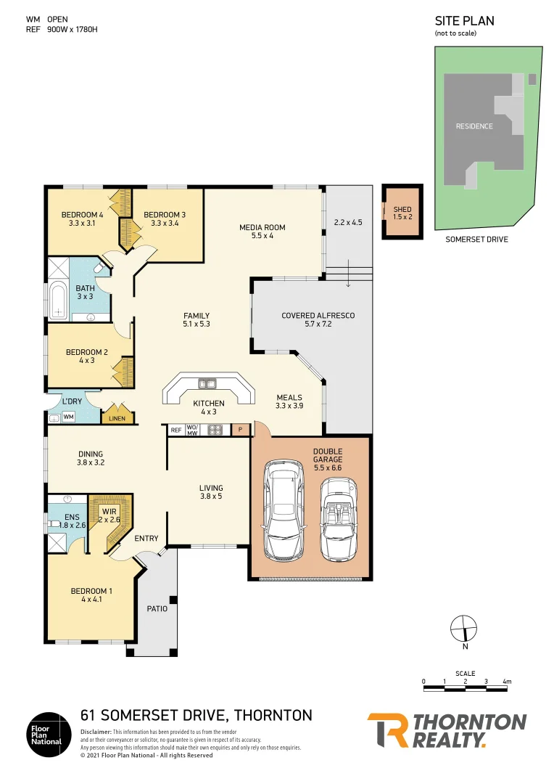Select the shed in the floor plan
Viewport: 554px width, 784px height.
pyautogui.click(x=402, y=213)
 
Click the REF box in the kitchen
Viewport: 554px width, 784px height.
pyautogui.click(x=175, y=430)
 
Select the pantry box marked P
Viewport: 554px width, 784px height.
pyautogui.click(x=241, y=430)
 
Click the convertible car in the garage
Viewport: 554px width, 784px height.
pyautogui.click(x=339, y=518)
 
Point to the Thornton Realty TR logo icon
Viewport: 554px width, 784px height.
pyautogui.click(x=386, y=730)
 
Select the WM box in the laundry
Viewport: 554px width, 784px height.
pyautogui.click(x=68, y=417)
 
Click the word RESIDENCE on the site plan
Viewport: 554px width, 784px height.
pyautogui.click(x=474, y=126)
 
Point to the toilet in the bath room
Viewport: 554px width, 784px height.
pyautogui.click(x=101, y=269)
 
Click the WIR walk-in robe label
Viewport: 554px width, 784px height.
pyautogui.click(x=109, y=515)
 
